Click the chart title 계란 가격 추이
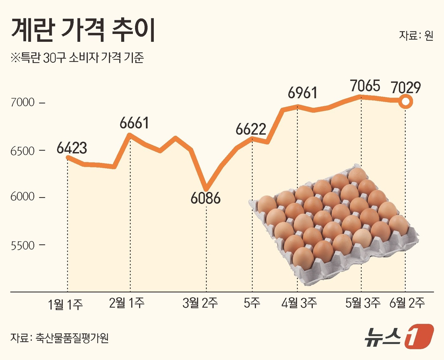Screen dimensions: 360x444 pyautogui.click(x=83, y=30)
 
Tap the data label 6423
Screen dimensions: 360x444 pyautogui.click(x=72, y=148)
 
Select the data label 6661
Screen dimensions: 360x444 pyautogui.click(x=134, y=123)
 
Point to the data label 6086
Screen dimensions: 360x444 pyautogui.click(x=206, y=198)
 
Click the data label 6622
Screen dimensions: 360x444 pyautogui.click(x=251, y=129)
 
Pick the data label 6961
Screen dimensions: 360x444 pyautogui.click(x=302, y=93)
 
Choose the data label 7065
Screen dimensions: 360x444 pyautogui.click(x=365, y=86)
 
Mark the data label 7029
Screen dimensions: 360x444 pyautogui.click(x=406, y=87)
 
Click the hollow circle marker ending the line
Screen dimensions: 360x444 pyautogui.click(x=406, y=102)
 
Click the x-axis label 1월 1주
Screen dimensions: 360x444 pyautogui.click(x=65, y=305)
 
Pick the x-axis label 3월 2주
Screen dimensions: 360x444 pyautogui.click(x=200, y=303)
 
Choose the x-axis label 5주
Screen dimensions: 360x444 pyautogui.click(x=252, y=303)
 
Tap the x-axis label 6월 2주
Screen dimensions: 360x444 pyautogui.click(x=407, y=303)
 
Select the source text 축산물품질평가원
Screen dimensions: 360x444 pyautogui.click(x=72, y=338)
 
